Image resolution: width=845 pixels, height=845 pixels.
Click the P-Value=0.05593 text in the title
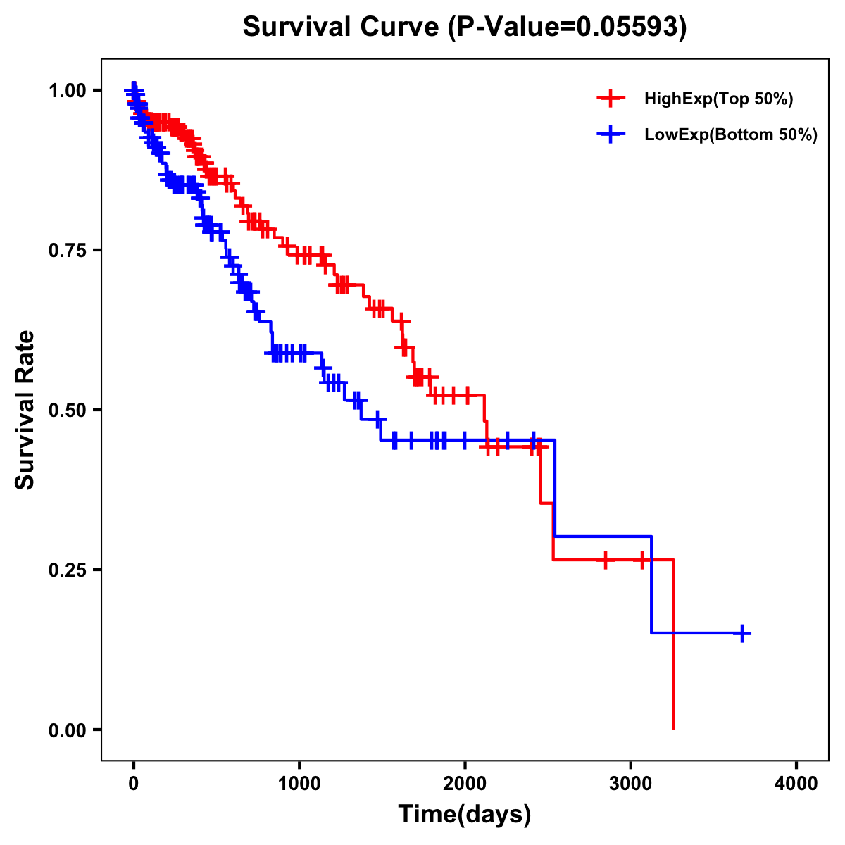[570, 27]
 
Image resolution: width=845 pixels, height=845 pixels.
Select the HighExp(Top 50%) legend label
[718, 99]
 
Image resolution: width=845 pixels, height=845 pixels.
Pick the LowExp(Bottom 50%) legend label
[731, 135]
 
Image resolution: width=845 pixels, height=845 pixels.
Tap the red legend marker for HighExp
[611, 99]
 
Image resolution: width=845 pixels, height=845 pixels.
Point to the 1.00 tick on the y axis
[67, 90]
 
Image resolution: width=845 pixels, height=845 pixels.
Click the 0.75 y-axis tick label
[67, 250]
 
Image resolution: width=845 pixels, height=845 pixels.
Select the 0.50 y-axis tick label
[67, 410]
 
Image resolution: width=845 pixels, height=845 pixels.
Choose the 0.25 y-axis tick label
[67, 570]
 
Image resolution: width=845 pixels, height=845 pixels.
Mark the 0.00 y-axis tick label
[67, 730]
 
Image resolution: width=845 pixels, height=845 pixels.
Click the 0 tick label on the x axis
[133, 784]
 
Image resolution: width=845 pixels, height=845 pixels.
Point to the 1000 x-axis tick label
[299, 784]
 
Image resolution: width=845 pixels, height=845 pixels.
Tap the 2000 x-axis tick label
[465, 784]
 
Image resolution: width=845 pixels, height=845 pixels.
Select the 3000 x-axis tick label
[631, 784]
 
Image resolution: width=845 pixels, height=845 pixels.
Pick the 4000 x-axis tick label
[796, 784]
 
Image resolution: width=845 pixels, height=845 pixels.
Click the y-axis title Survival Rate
[25, 410]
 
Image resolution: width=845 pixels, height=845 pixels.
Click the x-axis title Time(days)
[465, 815]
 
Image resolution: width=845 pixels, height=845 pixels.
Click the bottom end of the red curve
[674, 727]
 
